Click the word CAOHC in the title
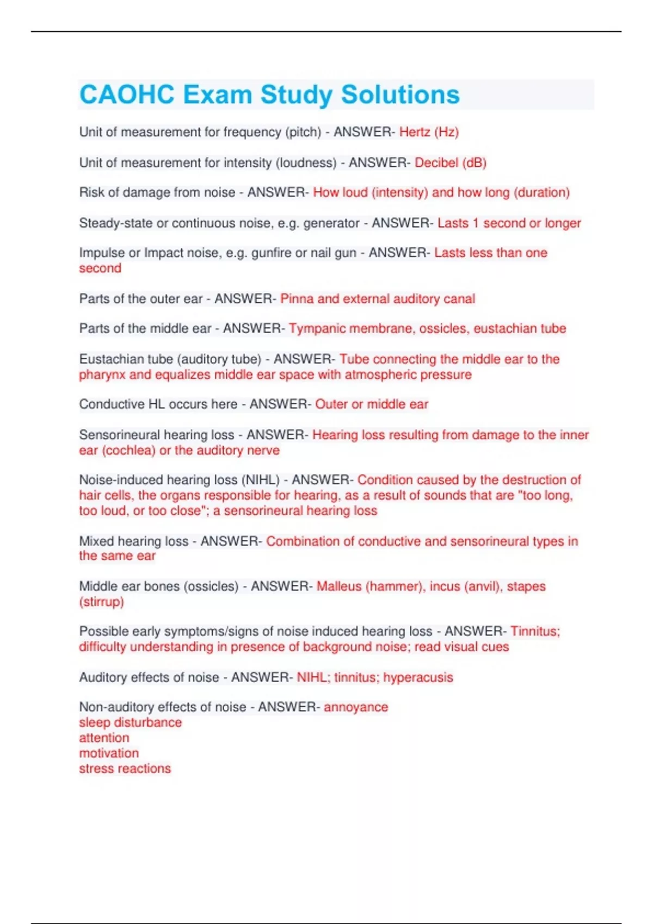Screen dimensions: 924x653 pos(127,95)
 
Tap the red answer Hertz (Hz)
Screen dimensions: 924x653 pos(429,132)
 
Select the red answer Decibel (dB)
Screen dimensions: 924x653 pos(450,163)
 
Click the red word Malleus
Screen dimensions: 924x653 pos(338,586)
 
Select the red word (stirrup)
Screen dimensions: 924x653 pos(102,602)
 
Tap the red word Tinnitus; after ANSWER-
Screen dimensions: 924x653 pos(535,631)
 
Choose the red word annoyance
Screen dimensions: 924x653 pos(356,707)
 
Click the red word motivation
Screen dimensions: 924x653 pos(109,753)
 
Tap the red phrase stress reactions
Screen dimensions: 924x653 pos(125,769)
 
